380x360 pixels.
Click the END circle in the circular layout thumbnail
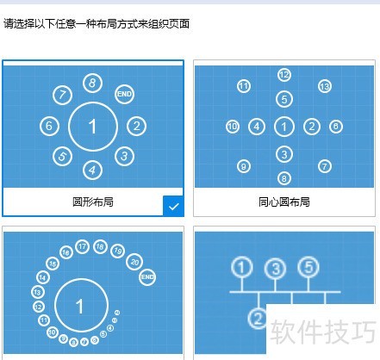click(x=124, y=93)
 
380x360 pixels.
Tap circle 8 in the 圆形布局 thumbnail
click(x=92, y=83)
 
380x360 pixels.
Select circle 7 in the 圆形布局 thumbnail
click(x=61, y=95)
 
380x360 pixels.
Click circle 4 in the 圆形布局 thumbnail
click(x=93, y=169)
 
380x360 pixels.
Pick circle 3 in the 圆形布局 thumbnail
click(x=125, y=156)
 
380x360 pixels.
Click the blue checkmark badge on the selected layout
click(x=173, y=206)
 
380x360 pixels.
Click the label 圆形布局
click(x=93, y=202)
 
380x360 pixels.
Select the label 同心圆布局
click(x=284, y=202)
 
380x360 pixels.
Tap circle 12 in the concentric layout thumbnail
click(x=284, y=75)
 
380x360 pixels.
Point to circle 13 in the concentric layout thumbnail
click(x=325, y=86)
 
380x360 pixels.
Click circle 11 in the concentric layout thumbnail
click(x=244, y=86)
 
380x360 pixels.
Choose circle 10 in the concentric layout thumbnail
click(x=232, y=127)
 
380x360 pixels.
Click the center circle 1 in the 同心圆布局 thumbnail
click(x=284, y=127)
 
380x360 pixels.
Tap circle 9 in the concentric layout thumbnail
click(x=244, y=166)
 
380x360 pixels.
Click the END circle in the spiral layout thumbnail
click(x=146, y=276)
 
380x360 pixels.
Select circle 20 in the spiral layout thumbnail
click(x=134, y=261)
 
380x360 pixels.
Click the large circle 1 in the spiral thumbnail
click(x=80, y=306)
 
